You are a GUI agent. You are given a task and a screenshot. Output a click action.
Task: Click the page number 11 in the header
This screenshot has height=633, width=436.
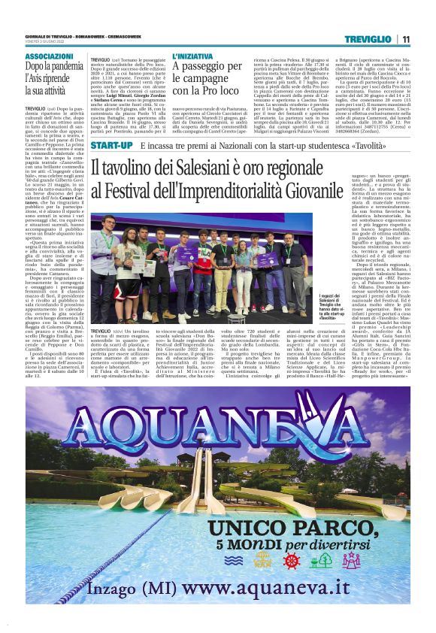point(405,39)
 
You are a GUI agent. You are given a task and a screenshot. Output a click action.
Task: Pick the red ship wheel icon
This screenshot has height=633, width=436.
point(292,560)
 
